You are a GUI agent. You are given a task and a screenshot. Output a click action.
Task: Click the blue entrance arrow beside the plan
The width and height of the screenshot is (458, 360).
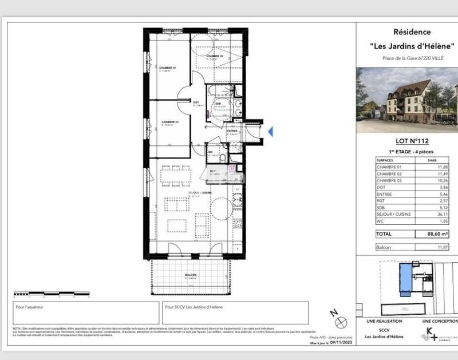pyautogui.click(x=271, y=132)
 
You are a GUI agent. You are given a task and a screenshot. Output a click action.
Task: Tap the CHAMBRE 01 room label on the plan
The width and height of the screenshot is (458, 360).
pyautogui.click(x=168, y=69)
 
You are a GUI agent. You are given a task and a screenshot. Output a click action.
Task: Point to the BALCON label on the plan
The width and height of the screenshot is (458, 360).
pyautogui.click(x=191, y=275)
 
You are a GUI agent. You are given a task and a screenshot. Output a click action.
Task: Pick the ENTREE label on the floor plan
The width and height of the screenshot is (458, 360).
pyautogui.click(x=232, y=131)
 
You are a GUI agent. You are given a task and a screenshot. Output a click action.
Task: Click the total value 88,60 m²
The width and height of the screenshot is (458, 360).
pyautogui.click(x=437, y=234)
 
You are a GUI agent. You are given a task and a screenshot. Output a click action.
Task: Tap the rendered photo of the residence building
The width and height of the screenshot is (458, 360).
pyautogui.click(x=406, y=100)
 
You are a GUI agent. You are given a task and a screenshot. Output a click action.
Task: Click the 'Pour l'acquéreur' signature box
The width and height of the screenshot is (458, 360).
pyautogui.click(x=86, y=313)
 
